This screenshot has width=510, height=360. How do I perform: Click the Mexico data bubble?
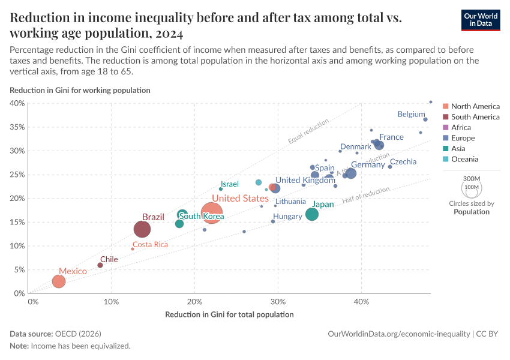tap(58, 281)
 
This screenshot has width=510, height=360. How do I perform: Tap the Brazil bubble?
tap(142, 229)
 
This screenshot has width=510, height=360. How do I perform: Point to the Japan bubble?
tap(312, 214)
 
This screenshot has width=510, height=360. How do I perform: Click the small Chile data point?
tap(100, 265)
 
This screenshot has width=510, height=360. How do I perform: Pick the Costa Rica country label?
tap(150, 245)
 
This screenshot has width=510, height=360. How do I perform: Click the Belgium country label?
tap(411, 114)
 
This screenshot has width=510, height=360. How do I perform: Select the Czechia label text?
tap(403, 162)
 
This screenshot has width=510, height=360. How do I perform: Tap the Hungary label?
tap(287, 217)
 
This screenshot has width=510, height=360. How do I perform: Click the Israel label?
tap(229, 184)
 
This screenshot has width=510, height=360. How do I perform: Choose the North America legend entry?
tap(475, 106)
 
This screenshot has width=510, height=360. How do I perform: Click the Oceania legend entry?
tap(464, 159)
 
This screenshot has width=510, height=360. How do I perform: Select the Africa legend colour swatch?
tap(445, 127)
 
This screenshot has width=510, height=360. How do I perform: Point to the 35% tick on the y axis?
tap(17, 127)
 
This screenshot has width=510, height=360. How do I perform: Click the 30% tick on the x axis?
tap(277, 301)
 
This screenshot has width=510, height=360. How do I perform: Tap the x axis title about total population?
tap(229, 314)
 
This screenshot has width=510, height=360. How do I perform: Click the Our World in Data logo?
tap(481, 20)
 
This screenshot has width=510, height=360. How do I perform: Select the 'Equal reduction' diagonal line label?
tap(308, 132)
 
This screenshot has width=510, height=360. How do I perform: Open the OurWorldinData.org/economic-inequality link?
tap(400, 334)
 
